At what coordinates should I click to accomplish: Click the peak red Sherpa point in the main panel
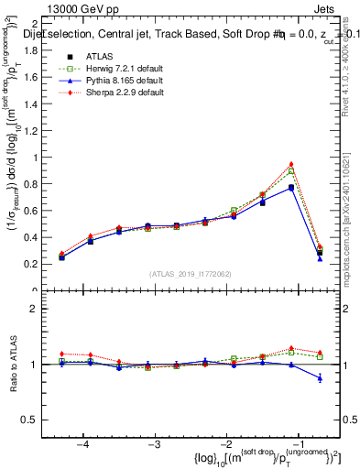tap(291, 164)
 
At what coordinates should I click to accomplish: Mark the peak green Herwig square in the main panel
tap(291, 171)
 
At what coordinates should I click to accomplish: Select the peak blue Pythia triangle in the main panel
tap(291, 187)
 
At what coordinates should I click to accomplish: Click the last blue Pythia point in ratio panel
tap(320, 377)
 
